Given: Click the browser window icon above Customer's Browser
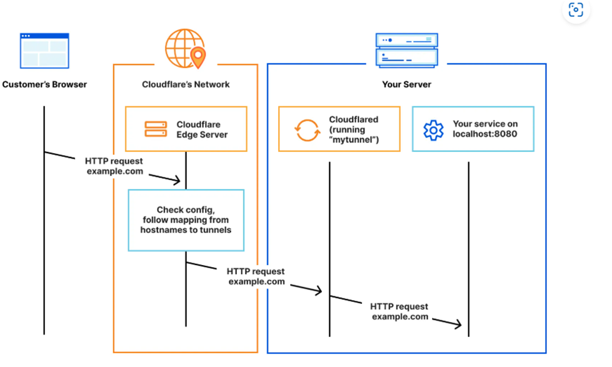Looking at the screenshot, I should (x=44, y=51).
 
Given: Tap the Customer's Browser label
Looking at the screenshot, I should (x=44, y=84).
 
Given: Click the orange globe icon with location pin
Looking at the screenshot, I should (x=185, y=48).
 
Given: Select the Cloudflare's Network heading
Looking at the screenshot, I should (x=186, y=84).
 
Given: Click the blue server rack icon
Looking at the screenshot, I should (x=406, y=50).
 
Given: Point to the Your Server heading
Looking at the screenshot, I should (x=406, y=84).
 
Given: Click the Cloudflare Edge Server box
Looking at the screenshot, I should (x=186, y=129).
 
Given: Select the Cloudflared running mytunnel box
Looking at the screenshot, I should (x=339, y=129).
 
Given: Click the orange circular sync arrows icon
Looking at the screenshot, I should (x=306, y=130).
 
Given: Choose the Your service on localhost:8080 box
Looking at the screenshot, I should (x=473, y=129).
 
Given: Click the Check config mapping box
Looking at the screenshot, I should (x=186, y=220).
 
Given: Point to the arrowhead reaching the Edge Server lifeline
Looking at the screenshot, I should (x=178, y=181).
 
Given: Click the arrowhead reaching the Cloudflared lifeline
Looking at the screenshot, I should (x=319, y=291).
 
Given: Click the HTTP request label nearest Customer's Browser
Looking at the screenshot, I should (x=114, y=166).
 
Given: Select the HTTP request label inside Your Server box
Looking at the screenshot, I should (x=399, y=311).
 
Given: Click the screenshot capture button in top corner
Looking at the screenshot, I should (x=576, y=11).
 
